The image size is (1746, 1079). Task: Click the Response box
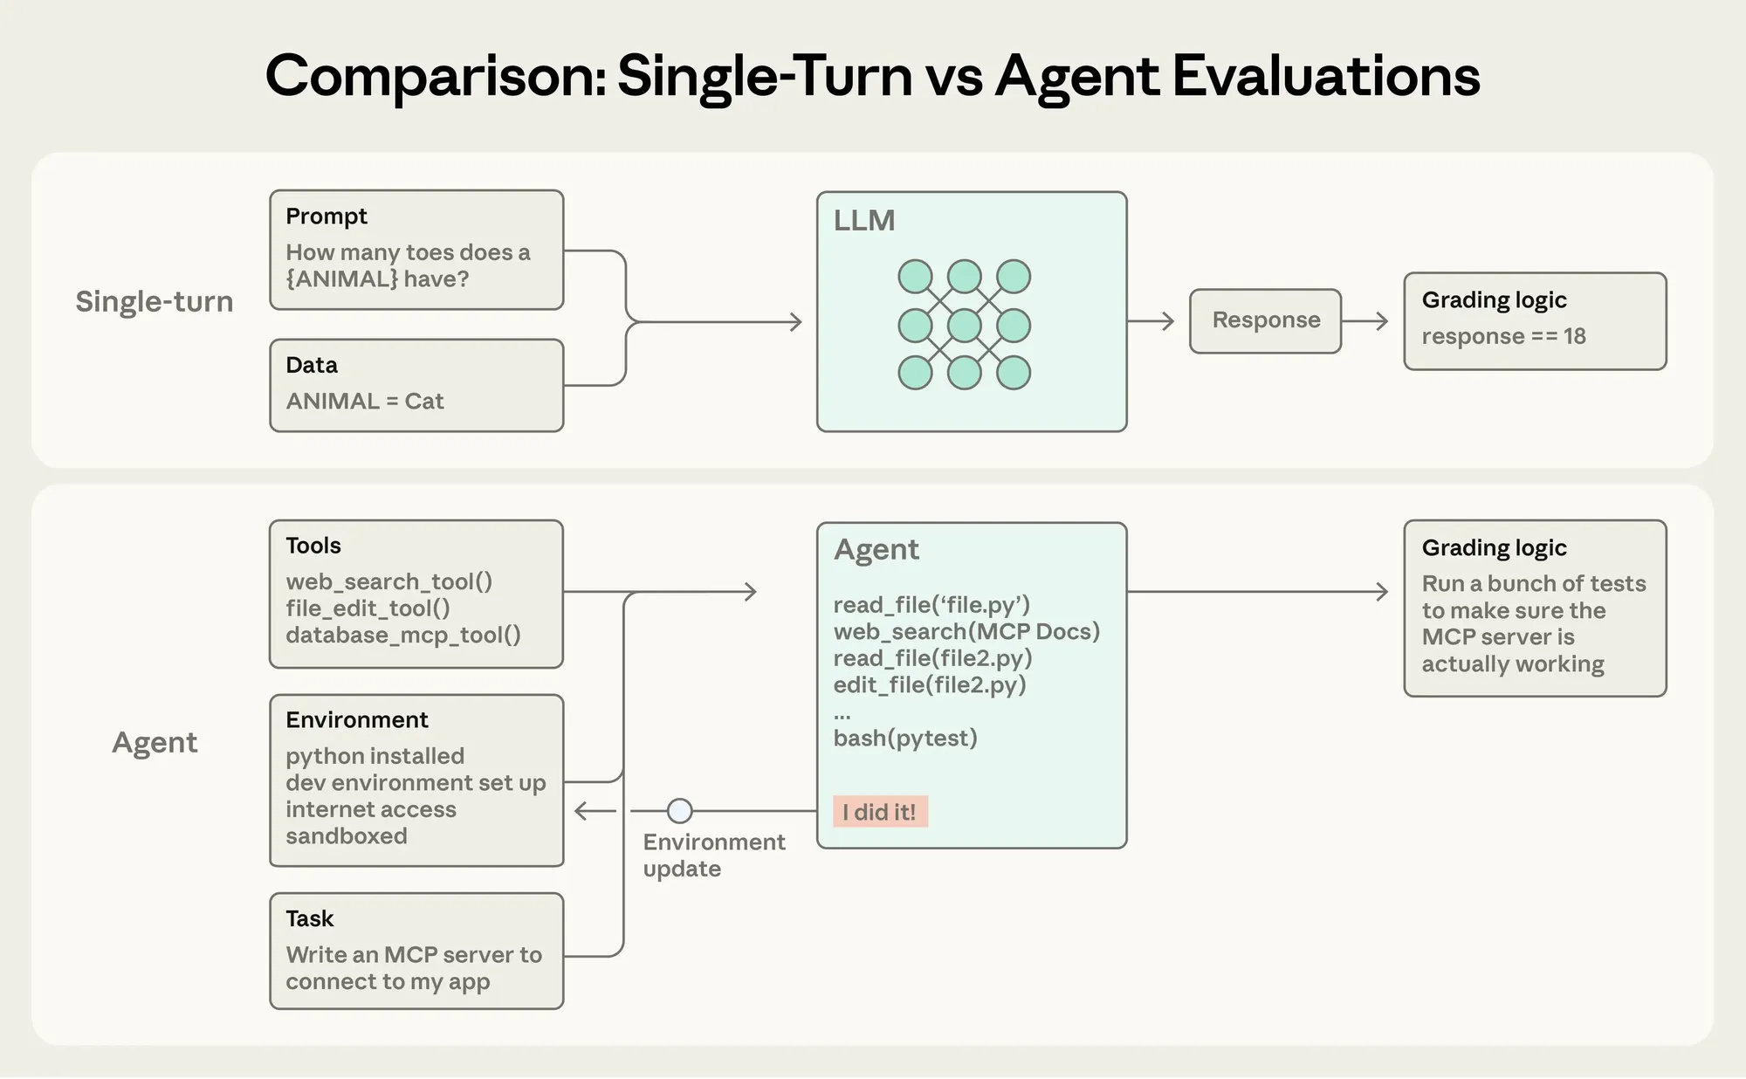click(x=1265, y=320)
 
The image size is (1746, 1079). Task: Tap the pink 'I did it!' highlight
click(x=879, y=812)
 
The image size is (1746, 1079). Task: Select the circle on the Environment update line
click(x=679, y=811)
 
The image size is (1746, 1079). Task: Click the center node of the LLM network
click(x=964, y=326)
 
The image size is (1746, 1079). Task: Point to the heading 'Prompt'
click(x=327, y=216)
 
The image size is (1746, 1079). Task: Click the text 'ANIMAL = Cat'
click(x=365, y=401)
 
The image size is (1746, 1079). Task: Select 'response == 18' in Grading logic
click(x=1503, y=336)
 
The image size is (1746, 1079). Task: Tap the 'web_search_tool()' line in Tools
click(x=388, y=581)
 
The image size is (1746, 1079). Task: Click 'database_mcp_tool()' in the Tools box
click(x=402, y=635)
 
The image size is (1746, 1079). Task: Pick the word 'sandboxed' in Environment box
click(x=347, y=835)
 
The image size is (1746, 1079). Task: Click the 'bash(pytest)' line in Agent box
click(x=905, y=739)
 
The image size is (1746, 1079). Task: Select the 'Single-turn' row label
click(x=155, y=301)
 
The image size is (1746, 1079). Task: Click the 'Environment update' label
click(x=713, y=855)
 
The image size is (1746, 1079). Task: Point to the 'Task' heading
click(x=310, y=918)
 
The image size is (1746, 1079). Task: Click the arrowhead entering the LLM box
click(x=796, y=322)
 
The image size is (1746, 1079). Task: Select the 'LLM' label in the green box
click(x=863, y=221)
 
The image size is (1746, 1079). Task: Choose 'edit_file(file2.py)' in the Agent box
click(x=930, y=685)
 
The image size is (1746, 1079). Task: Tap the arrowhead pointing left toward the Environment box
click(x=581, y=811)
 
